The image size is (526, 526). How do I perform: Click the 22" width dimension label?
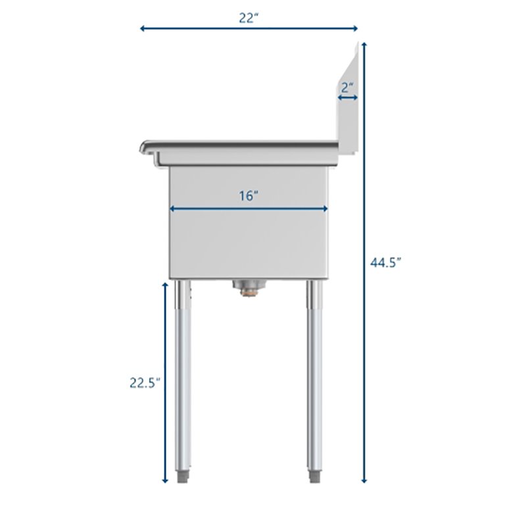click(248, 18)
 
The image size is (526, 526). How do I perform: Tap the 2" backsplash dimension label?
click(348, 86)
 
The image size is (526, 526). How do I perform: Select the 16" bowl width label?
click(248, 196)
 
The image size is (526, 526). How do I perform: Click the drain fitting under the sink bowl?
click(249, 287)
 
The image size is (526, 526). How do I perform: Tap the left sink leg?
click(183, 375)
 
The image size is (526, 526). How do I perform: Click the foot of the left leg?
click(183, 475)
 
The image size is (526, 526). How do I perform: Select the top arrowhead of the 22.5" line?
click(164, 285)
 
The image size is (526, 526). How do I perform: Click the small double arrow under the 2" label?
click(348, 98)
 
